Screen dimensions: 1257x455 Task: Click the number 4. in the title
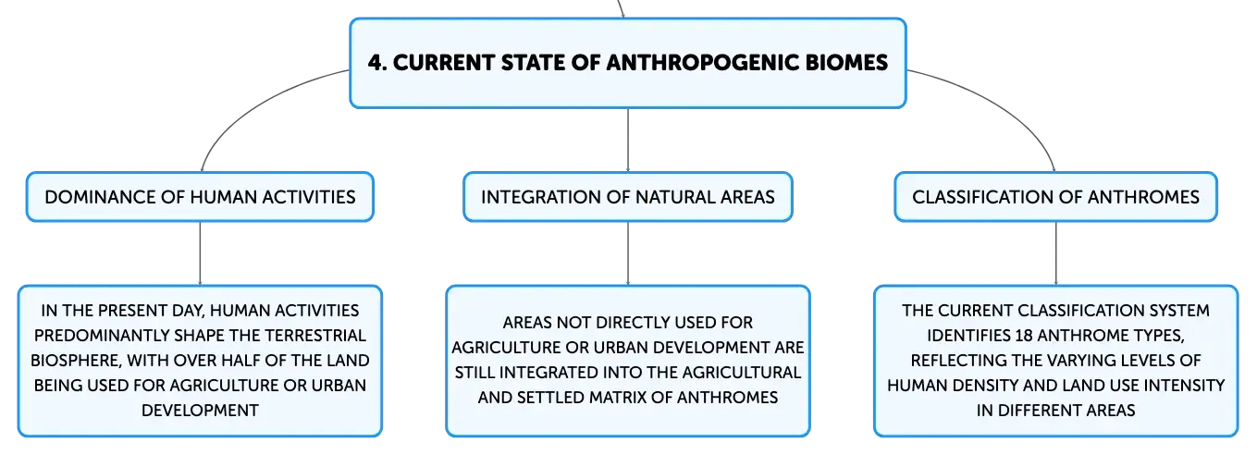[x=377, y=62]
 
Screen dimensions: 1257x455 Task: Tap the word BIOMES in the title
[x=847, y=62]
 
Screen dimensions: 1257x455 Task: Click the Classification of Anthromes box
[x=1055, y=197]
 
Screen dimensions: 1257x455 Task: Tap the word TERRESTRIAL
[x=314, y=336]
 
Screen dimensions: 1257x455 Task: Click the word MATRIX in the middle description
[x=612, y=398]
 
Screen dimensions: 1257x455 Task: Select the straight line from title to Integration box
[x=628, y=141]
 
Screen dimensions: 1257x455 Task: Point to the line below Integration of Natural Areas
[x=628, y=253]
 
